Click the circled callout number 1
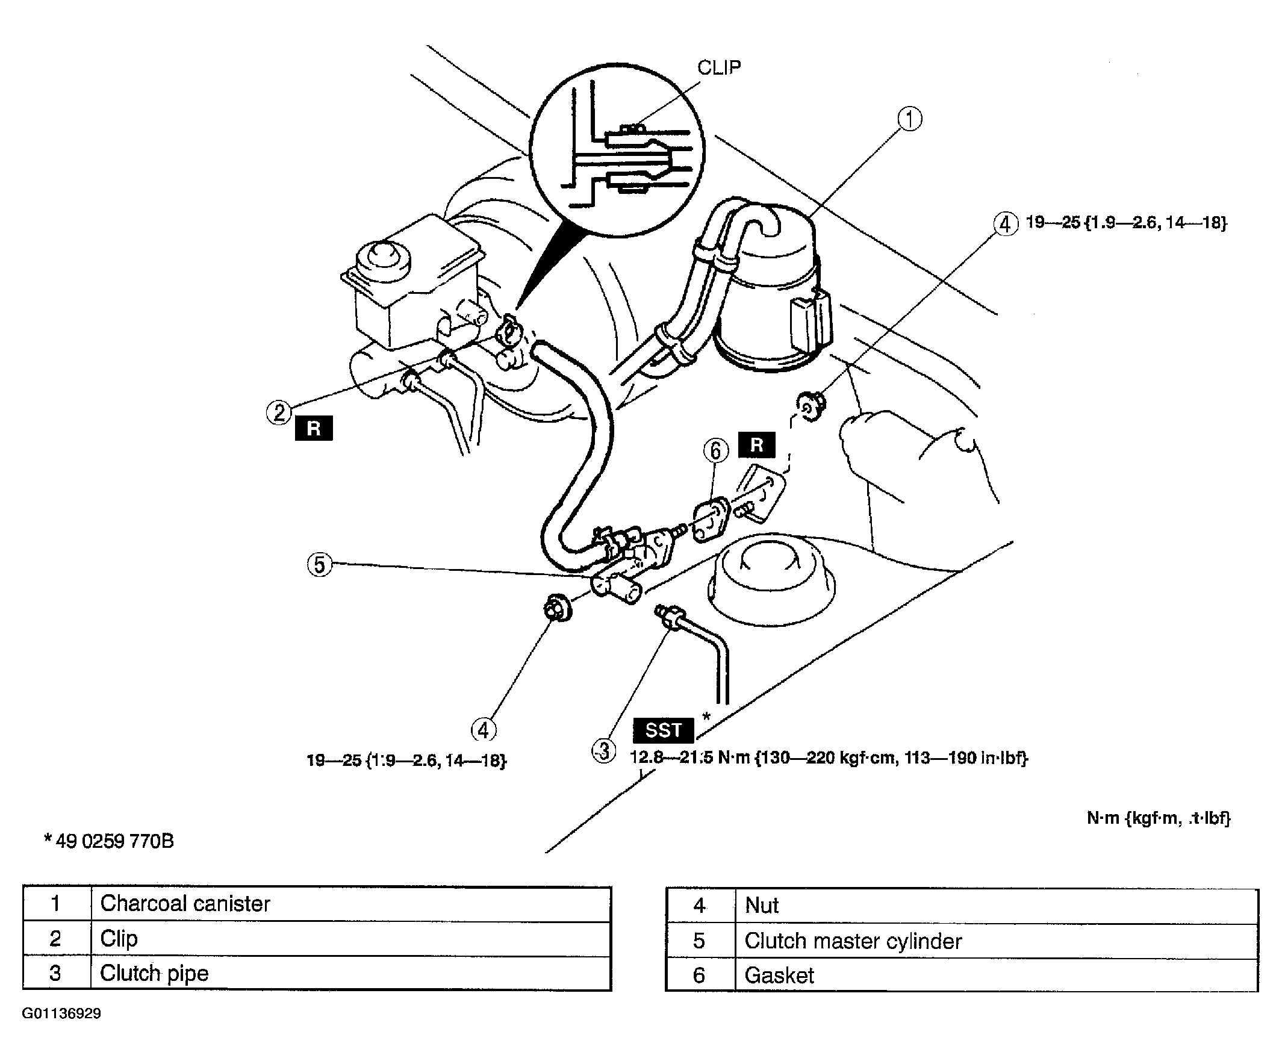coord(910,119)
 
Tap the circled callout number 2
coord(279,412)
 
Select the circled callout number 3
coord(604,751)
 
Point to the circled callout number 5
coord(319,564)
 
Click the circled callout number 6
coord(716,450)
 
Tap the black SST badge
coord(664,730)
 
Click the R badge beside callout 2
coord(314,428)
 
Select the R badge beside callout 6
coord(757,444)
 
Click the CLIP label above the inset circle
coord(719,67)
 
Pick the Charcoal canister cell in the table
coord(351,903)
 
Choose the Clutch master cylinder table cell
coord(997,941)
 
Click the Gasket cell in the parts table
coord(997,975)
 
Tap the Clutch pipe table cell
coord(351,973)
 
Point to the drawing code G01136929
coord(61,1013)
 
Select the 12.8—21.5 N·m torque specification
coord(829,758)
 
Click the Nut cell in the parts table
coord(997,906)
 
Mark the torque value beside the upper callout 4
coord(1126,222)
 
